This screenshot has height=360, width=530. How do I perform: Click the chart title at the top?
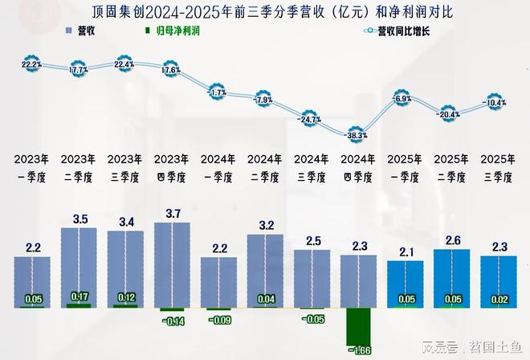click(265, 11)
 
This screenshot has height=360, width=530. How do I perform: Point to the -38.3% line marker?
click(356, 136)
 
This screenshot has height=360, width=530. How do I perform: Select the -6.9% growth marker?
click(402, 98)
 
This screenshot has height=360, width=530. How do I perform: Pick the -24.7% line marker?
click(309, 119)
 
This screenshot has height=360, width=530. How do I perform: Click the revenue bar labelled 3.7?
click(169, 265)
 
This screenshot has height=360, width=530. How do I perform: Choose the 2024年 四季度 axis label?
click(356, 167)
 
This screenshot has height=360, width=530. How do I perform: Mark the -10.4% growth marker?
click(495, 103)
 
